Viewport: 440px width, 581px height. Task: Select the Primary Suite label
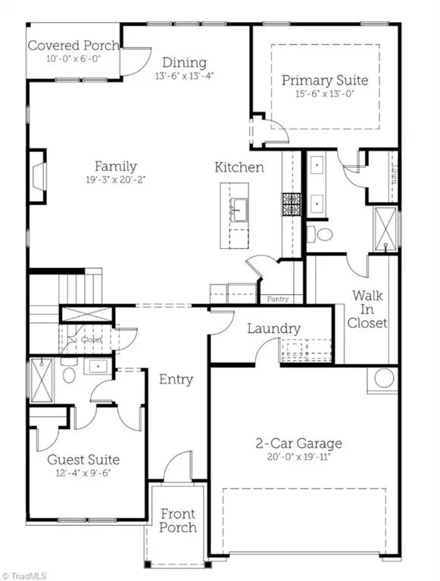click(x=325, y=79)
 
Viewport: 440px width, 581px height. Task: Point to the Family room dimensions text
click(x=115, y=180)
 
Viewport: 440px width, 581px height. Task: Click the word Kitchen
click(x=239, y=167)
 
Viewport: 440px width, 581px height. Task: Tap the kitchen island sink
click(x=239, y=207)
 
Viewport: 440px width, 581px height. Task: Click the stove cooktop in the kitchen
click(x=292, y=204)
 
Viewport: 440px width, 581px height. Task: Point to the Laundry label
click(x=273, y=329)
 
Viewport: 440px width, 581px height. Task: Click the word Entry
click(x=176, y=379)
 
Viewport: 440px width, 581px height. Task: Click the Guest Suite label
click(x=83, y=459)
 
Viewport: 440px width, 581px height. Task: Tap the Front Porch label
click(x=178, y=520)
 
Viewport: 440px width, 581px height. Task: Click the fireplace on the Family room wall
click(x=36, y=177)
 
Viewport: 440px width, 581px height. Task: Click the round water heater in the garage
click(x=383, y=377)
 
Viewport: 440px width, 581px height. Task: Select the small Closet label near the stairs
click(x=92, y=340)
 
